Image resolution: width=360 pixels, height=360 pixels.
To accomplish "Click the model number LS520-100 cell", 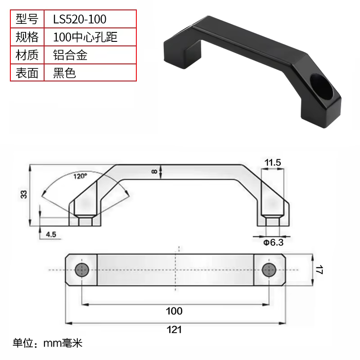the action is click(x=80, y=19).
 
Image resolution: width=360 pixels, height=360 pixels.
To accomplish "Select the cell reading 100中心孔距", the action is click(x=85, y=37).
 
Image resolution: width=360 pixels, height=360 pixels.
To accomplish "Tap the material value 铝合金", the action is click(x=70, y=55).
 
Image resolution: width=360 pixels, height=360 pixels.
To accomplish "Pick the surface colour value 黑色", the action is click(x=64, y=73).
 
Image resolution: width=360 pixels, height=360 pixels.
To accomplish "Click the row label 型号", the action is click(x=27, y=19).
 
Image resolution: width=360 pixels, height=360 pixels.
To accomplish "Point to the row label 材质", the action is click(x=27, y=55).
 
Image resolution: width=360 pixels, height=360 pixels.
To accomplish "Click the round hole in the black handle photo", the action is click(x=321, y=86).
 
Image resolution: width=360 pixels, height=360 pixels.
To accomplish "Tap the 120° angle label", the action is click(x=80, y=176).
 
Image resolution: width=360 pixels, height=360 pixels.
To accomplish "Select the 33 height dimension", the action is click(x=24, y=194).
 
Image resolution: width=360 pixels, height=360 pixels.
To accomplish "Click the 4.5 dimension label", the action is click(x=51, y=234).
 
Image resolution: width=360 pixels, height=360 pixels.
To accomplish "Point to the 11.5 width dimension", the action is click(x=273, y=162).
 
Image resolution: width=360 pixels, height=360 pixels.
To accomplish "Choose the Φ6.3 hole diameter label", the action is click(x=273, y=243).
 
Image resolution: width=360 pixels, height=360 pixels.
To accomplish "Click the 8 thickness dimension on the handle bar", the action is click(x=154, y=171).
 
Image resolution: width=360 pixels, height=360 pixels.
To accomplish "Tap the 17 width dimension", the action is click(x=319, y=270).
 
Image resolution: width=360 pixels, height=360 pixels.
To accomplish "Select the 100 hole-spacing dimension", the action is click(x=174, y=311).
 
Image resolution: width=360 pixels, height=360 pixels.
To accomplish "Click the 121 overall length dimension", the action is click(x=174, y=330).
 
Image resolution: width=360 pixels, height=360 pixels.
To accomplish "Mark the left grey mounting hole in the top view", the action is click(x=82, y=270).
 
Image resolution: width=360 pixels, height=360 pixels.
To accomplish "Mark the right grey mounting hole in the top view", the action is click(x=269, y=270).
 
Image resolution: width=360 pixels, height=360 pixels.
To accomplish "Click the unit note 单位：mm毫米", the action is click(x=47, y=343).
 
